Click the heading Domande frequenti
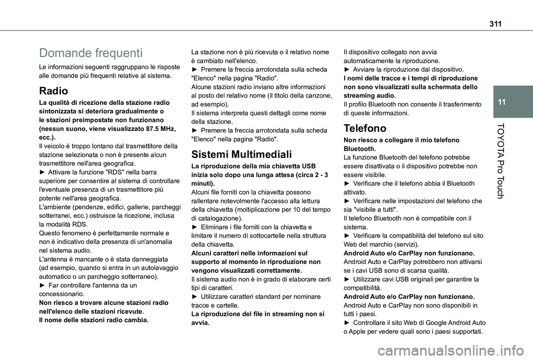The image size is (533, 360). coord(90,53)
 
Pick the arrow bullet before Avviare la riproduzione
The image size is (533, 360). coord(348,69)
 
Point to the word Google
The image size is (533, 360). coord(437,323)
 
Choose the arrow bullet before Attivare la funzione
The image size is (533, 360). coord(43,171)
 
